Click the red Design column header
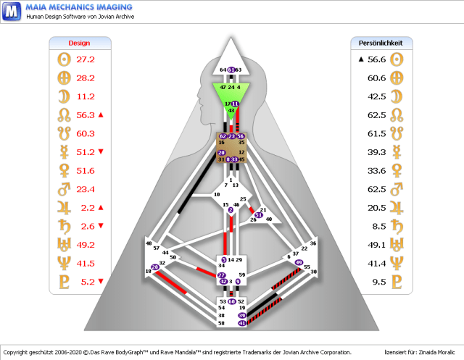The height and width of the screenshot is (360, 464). click(79, 43)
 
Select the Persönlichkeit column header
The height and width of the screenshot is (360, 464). click(381, 43)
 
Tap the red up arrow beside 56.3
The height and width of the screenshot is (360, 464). click(101, 115)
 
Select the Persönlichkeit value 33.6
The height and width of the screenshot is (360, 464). click(376, 171)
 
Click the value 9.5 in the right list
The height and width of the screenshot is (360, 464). click(378, 282)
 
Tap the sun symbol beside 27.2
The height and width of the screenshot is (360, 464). click(61, 59)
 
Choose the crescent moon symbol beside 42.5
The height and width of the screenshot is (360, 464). click(396, 96)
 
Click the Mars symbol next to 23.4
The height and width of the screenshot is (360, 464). click(61, 190)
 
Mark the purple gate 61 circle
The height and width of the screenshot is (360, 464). click(231, 70)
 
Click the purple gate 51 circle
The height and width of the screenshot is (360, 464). click(259, 215)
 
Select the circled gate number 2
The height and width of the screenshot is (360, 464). click(231, 210)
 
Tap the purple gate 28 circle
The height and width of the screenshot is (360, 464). click(155, 267)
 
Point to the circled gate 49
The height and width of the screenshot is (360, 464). click(299, 262)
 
